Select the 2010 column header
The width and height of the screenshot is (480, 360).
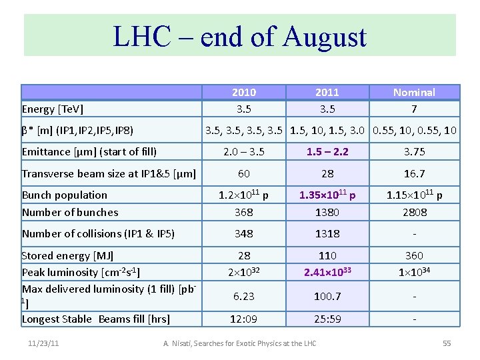[x=244, y=92]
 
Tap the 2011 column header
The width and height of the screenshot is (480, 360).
[x=327, y=92]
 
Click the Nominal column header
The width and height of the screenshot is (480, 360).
[x=414, y=92]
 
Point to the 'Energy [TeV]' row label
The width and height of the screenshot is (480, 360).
[x=53, y=109]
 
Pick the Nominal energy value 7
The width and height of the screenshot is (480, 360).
[x=414, y=109]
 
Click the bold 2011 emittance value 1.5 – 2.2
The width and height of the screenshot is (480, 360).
[x=327, y=151]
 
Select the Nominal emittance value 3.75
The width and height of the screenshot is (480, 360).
[x=414, y=151]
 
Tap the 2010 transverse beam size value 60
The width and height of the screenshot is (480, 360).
[x=244, y=173]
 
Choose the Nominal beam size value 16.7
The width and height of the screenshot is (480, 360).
[x=414, y=173]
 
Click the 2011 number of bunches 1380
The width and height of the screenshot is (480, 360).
[x=327, y=212]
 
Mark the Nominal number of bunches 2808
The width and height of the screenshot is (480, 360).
[x=414, y=212]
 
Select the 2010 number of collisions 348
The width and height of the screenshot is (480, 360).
[x=244, y=233]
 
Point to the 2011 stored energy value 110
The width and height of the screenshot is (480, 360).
[x=327, y=255]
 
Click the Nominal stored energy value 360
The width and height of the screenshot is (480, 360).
[x=414, y=255]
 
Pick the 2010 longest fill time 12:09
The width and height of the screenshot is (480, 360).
[x=244, y=319]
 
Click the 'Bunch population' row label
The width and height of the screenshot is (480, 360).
[x=65, y=195]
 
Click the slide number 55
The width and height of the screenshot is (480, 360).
[x=446, y=343]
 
